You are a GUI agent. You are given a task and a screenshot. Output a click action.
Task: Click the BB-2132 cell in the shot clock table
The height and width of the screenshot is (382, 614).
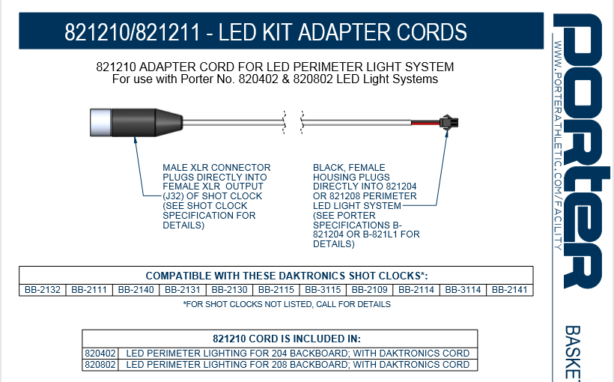click(x=42, y=289)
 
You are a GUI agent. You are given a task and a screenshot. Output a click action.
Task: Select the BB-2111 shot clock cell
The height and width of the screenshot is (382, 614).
click(x=89, y=289)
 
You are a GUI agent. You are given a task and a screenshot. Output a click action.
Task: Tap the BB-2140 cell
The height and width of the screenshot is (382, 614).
click(x=136, y=289)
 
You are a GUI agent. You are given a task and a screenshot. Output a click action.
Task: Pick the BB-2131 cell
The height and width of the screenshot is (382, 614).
click(x=182, y=289)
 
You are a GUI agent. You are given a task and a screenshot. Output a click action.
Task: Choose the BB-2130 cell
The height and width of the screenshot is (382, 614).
click(x=229, y=289)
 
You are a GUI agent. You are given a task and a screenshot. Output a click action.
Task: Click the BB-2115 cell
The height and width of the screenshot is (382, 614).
click(x=276, y=289)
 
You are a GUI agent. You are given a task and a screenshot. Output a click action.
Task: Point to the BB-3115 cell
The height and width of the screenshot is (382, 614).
click(x=323, y=289)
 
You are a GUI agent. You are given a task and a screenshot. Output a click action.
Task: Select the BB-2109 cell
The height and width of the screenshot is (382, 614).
click(x=369, y=289)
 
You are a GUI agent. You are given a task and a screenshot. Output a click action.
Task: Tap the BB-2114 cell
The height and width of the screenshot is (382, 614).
click(x=416, y=289)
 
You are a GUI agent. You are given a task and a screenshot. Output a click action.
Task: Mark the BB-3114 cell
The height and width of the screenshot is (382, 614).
click(x=463, y=289)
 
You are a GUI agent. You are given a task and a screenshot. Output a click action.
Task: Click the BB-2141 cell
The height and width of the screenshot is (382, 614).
click(x=510, y=289)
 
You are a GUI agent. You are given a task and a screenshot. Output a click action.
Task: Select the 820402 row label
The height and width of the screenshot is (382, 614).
click(x=100, y=353)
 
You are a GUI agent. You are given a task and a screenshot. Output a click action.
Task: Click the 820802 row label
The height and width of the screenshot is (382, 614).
click(x=100, y=365)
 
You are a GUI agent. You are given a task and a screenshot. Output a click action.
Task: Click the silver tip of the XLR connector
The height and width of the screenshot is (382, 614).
click(x=100, y=120)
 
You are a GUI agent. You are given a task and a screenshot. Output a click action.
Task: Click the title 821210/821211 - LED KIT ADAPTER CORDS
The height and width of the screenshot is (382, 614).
click(x=266, y=33)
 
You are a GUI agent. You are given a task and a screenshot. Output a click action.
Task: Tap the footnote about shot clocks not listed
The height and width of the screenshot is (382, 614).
click(x=287, y=304)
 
